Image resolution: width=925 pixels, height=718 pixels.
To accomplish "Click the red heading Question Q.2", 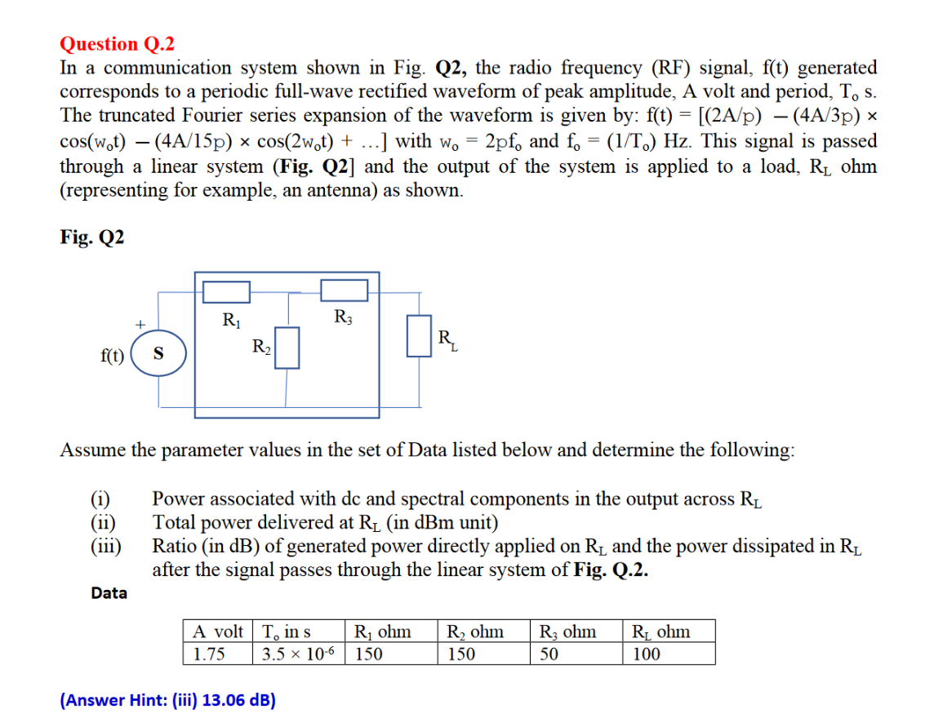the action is click(x=118, y=44).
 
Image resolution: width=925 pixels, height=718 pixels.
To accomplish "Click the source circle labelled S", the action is click(x=158, y=354).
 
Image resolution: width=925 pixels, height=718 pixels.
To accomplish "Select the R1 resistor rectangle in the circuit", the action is click(x=225, y=292).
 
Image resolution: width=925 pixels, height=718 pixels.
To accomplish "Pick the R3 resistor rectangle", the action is click(x=345, y=290).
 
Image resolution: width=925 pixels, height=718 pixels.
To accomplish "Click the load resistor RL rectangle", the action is click(x=419, y=336).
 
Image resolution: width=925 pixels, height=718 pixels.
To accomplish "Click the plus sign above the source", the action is click(x=140, y=325).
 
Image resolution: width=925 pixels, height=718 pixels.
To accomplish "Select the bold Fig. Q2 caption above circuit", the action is click(x=92, y=237).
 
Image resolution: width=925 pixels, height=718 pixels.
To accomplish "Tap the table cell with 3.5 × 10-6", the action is click(x=300, y=654).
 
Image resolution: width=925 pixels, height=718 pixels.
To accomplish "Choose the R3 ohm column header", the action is click(x=567, y=632).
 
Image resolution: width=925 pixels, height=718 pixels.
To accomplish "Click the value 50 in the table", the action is click(x=549, y=654).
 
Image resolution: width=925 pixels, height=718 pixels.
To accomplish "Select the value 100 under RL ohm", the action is click(x=646, y=654).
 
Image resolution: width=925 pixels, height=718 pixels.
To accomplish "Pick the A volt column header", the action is click(x=217, y=632).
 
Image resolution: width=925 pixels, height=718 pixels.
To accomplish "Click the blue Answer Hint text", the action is click(x=167, y=699).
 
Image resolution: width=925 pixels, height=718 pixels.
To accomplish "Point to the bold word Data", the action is click(x=109, y=593).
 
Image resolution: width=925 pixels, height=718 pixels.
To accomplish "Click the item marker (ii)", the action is click(x=103, y=523).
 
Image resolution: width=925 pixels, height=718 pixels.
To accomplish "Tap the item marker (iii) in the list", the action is click(x=105, y=546).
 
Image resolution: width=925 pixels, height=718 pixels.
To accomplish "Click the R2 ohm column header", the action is click(x=474, y=632).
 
